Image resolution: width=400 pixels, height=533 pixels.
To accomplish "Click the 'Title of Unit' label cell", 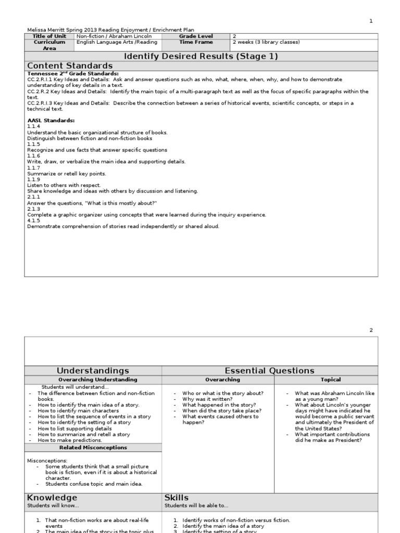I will pyautogui.click(x=49, y=36).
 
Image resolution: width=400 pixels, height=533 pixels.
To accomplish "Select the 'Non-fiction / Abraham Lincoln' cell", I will pyautogui.click(x=107, y=36).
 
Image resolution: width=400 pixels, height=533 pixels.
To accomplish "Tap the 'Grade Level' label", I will pyautogui.click(x=196, y=36).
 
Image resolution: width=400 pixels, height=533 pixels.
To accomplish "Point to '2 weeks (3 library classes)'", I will pyautogui.click(x=266, y=42).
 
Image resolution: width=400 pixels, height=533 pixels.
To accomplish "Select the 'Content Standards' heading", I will pyautogui.click(x=70, y=66).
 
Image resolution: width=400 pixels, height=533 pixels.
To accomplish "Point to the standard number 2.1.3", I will pyautogui.click(x=33, y=209).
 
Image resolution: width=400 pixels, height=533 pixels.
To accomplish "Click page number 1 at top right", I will pyautogui.click(x=371, y=21).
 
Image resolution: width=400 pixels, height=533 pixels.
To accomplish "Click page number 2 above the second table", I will pyautogui.click(x=371, y=330).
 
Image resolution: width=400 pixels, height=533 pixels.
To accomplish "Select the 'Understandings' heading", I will pyautogui.click(x=93, y=371).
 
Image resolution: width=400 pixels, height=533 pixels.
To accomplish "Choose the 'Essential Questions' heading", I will pyautogui.click(x=269, y=371).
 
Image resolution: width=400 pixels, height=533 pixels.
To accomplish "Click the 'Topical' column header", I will pyautogui.click(x=331, y=380).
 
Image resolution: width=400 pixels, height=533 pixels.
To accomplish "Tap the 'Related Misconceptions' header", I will pyautogui.click(x=93, y=448).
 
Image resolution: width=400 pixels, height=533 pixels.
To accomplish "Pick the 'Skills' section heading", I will pyautogui.click(x=177, y=498).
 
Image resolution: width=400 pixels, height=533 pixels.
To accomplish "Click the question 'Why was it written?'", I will pyautogui.click(x=207, y=399).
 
